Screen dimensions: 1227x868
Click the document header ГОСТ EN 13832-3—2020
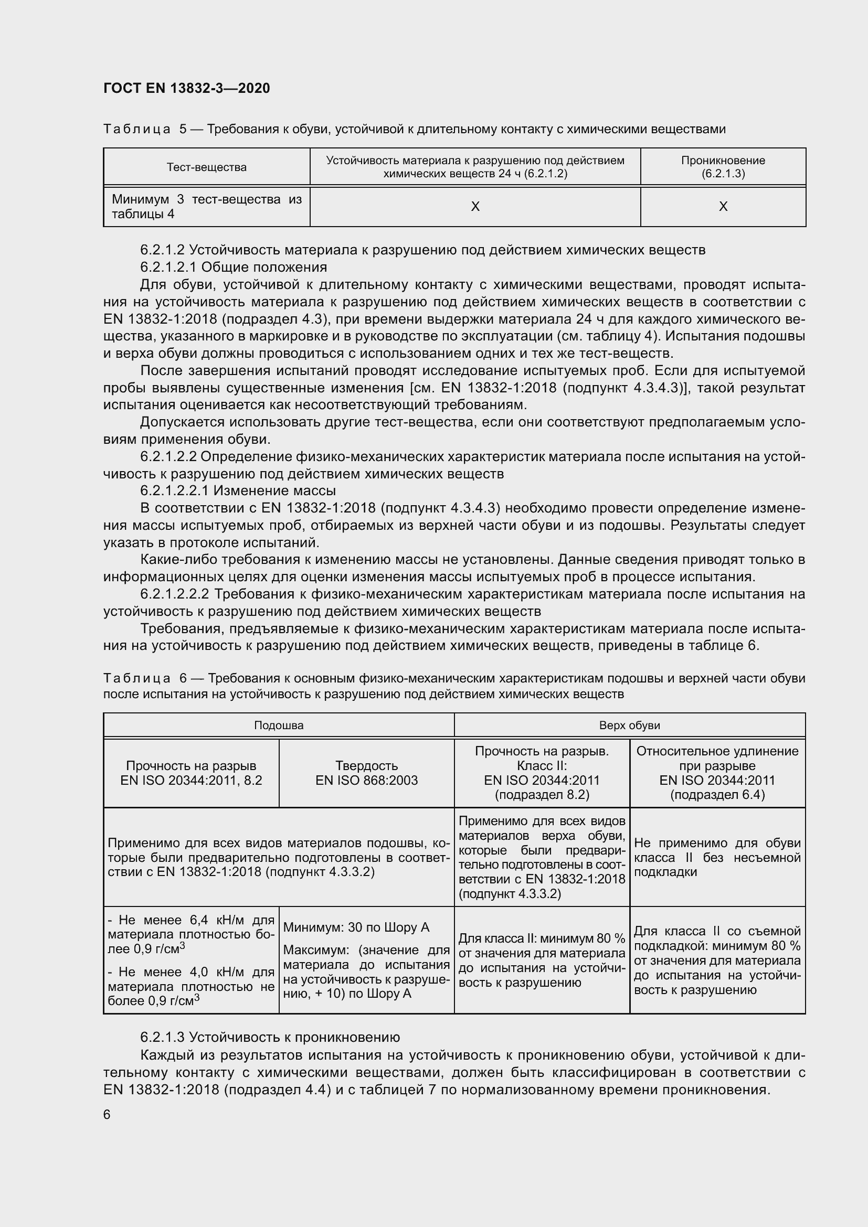click(186, 88)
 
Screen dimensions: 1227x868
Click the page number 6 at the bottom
click(107, 1114)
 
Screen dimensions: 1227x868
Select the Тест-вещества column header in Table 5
click(206, 167)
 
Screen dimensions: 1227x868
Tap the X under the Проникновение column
click(723, 206)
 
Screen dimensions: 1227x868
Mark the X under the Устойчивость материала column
click(474, 206)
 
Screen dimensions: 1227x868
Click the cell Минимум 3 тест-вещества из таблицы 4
click(206, 207)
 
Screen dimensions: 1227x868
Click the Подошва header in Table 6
click(279, 725)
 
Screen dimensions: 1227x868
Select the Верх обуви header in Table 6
click(629, 725)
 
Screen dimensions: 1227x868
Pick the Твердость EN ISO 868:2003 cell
click(366, 773)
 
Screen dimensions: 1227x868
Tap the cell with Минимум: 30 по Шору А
click(356, 927)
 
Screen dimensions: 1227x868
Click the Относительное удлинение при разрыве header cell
click(717, 773)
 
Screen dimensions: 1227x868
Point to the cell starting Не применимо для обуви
click(717, 857)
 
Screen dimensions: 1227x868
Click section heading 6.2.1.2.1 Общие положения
click(234, 266)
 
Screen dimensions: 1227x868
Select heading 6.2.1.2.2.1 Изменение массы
click(238, 490)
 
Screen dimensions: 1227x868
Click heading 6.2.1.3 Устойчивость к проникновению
click(270, 1037)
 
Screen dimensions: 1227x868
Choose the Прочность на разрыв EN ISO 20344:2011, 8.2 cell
click(191, 773)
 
